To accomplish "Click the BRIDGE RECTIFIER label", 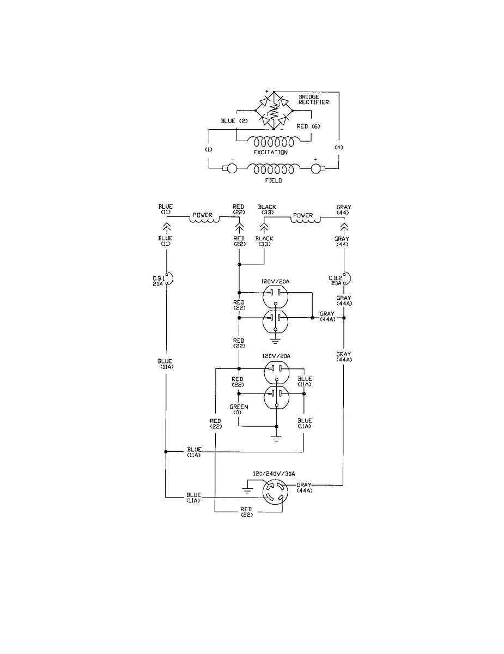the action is pos(313,100).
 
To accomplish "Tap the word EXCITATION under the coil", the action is pos(270,152).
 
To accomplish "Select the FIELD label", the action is pos(274,180).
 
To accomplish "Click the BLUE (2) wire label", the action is pos(234,121).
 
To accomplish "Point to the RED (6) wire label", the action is pos(308,126).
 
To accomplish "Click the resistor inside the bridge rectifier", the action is pos(274,111).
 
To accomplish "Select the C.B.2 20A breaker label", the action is pos(335,281).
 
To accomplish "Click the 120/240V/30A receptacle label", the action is pos(274,474).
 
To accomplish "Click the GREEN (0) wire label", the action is pos(239,409).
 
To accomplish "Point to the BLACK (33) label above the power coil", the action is pos(267,209).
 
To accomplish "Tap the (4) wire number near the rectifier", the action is pos(339,148).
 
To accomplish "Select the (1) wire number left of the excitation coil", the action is pos(209,149).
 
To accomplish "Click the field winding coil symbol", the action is pos(274,169).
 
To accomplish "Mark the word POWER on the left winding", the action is pos(203,215).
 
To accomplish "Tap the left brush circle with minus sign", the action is pos(232,168).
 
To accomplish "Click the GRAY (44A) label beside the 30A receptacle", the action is pos(304,488).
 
